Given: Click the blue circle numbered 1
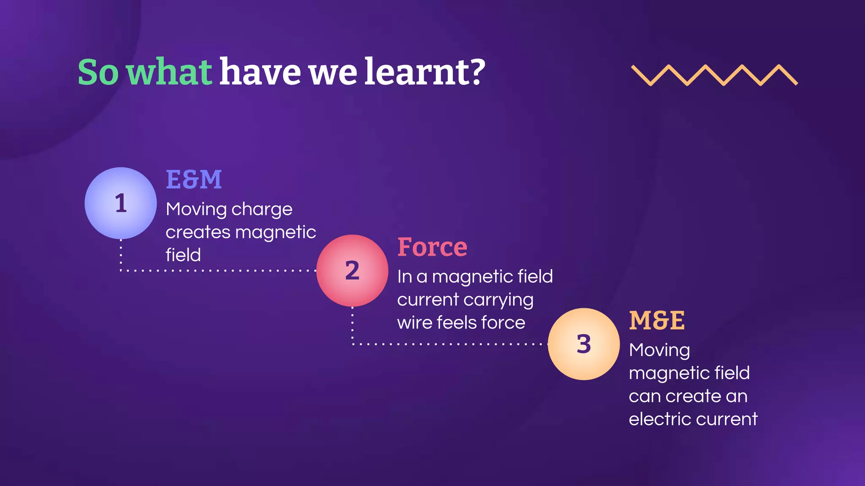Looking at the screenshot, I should coord(121,203).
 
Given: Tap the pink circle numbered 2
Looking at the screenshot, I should coord(352,270).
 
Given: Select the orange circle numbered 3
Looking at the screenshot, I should coord(584,344).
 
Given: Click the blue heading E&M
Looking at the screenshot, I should coord(194,180).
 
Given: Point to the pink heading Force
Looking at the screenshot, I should coord(432,247).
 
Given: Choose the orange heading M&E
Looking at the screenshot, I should coord(657,321).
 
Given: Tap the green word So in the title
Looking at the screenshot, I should coord(98,72).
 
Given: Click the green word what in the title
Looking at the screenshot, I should coord(169,72).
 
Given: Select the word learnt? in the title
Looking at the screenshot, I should coord(425,72).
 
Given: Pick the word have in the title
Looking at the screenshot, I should coord(260,72).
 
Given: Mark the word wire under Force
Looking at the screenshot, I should coord(414,323).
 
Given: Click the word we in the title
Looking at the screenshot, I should coord(333,72).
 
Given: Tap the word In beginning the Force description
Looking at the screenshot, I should coord(404,277).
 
